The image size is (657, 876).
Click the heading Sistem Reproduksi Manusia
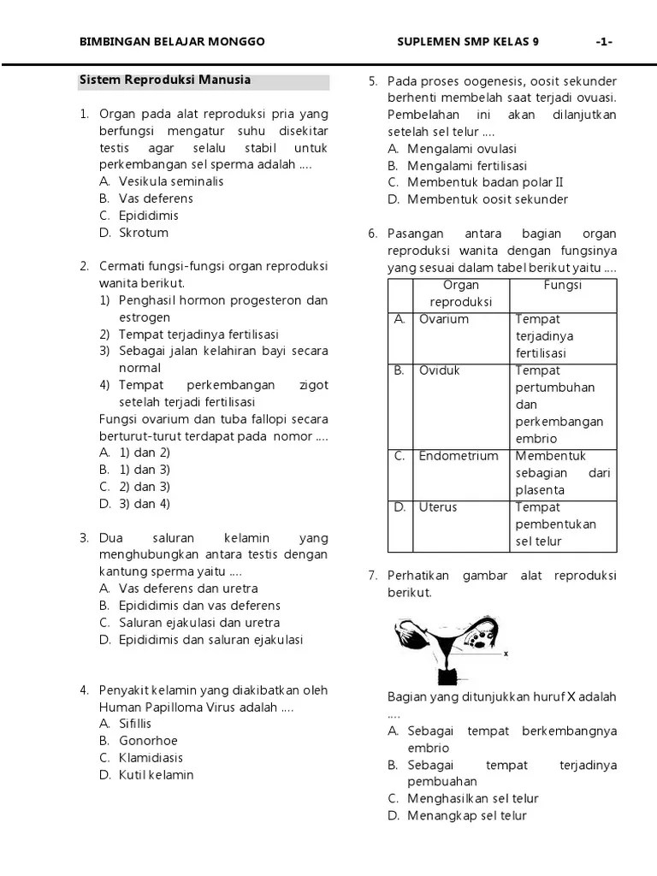coord(165,80)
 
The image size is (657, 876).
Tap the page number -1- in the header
coord(604,42)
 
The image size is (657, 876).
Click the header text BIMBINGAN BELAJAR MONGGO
coord(172,42)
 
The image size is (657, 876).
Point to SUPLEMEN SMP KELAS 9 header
coord(468,42)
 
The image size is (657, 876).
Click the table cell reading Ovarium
coord(443,319)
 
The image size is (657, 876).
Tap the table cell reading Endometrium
coord(458,456)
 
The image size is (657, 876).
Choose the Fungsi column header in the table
coord(563,285)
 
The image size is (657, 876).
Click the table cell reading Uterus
coord(438,507)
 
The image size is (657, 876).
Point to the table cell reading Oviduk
coord(440,370)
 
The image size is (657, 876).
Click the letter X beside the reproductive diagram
coord(506,654)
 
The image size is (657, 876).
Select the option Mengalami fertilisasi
coord(467,165)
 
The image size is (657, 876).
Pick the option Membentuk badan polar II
coord(485,182)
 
